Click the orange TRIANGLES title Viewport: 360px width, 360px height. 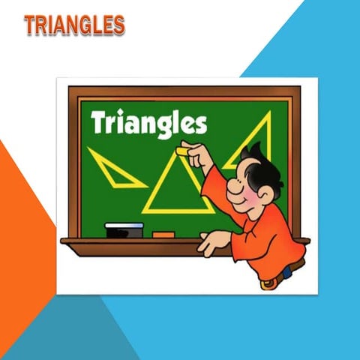click(73, 25)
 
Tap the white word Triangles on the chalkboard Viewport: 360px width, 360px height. click(148, 122)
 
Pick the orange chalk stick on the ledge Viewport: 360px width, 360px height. click(163, 235)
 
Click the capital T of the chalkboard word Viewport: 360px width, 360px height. click(97, 121)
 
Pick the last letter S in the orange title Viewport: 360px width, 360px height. click(117, 25)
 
